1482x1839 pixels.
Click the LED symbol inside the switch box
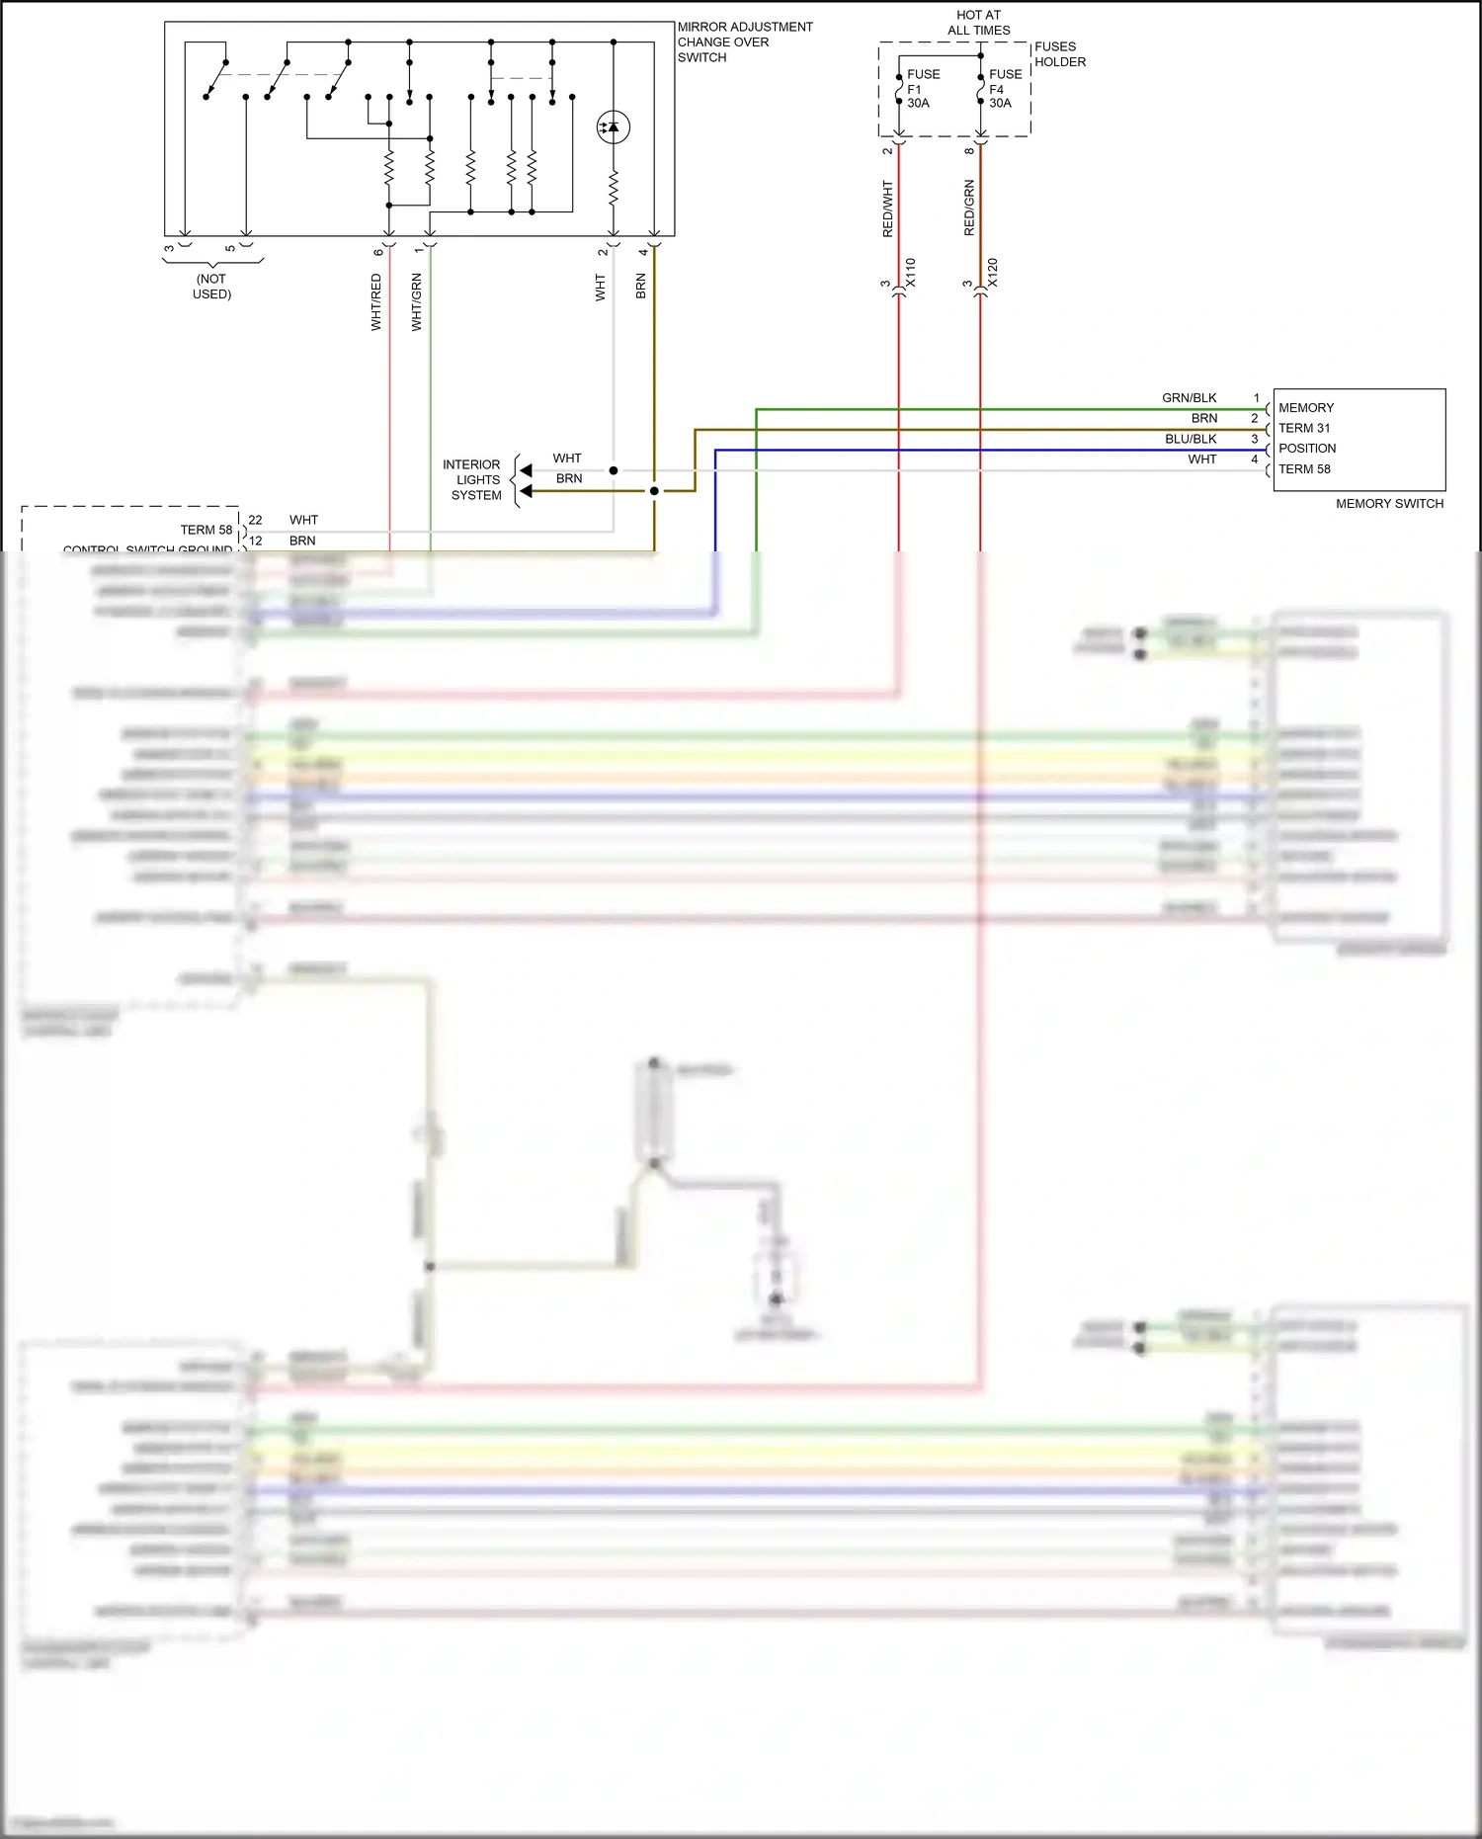[x=613, y=126]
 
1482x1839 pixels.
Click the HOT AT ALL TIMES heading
[x=978, y=22]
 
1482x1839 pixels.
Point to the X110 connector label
[x=911, y=273]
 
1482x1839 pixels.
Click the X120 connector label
[x=993, y=273]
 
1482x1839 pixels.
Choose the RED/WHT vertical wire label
[x=887, y=209]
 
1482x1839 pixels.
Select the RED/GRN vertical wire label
[x=969, y=208]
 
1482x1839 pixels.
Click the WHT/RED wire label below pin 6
[x=375, y=302]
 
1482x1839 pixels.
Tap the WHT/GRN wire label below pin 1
[x=416, y=302]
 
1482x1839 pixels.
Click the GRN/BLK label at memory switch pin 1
[x=1190, y=397]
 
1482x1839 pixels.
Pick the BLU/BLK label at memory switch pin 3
[x=1191, y=439]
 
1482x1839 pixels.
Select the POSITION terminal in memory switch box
[x=1306, y=448]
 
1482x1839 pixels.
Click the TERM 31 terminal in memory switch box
[x=1303, y=428]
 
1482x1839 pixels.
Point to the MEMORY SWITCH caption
[x=1388, y=503]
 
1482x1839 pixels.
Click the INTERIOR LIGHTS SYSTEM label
[x=473, y=479]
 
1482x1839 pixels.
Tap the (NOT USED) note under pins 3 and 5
[x=211, y=286]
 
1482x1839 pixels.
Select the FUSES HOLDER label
[x=1059, y=53]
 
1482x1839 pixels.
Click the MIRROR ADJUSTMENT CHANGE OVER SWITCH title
[x=744, y=42]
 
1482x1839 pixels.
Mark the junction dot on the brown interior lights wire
[x=654, y=490]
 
